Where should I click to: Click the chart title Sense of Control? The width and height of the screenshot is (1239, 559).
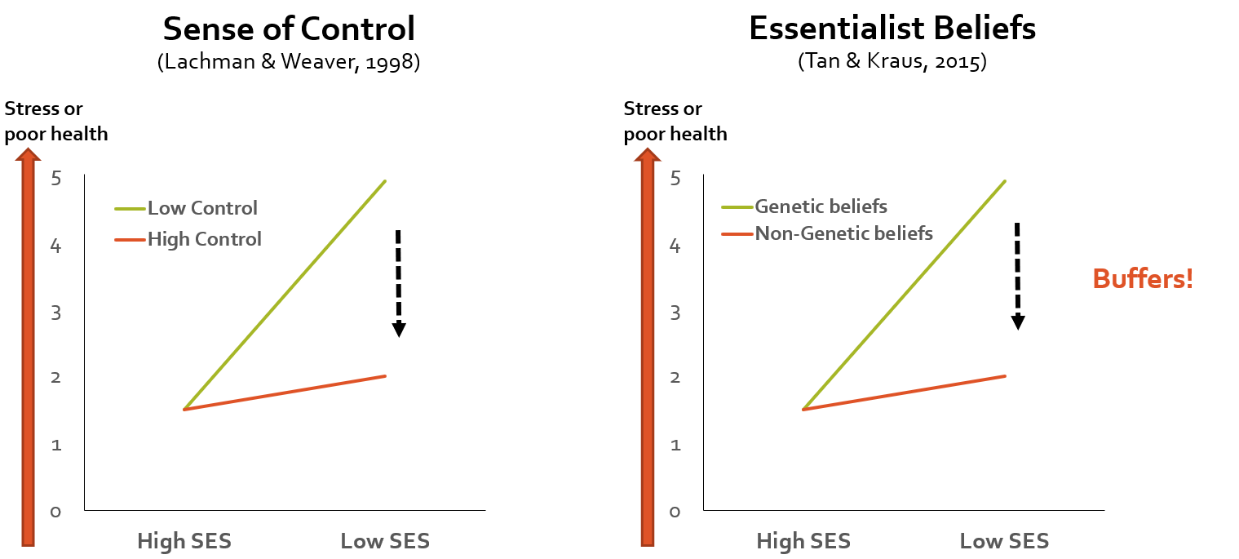[x=289, y=29]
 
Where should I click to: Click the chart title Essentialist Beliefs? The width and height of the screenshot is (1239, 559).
[x=892, y=29]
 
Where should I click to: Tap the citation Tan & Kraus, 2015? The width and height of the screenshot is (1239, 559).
[x=892, y=62]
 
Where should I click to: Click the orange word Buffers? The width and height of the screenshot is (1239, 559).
[x=1143, y=279]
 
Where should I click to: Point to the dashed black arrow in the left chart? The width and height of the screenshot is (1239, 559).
[x=398, y=282]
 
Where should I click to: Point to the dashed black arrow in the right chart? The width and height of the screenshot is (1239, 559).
[x=1017, y=276]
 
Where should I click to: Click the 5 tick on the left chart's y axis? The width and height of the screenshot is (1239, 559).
[x=55, y=178]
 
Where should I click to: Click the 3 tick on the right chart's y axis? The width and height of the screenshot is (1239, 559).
[x=675, y=313]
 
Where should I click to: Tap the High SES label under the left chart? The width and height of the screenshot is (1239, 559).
[x=184, y=541]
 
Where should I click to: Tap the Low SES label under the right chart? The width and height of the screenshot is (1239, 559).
[x=1004, y=541]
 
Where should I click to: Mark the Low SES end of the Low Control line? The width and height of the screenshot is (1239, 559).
[x=385, y=181]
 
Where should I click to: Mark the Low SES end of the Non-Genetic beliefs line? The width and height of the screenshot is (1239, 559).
[x=1005, y=376]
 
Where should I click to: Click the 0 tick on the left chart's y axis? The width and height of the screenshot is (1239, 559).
[x=55, y=512]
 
